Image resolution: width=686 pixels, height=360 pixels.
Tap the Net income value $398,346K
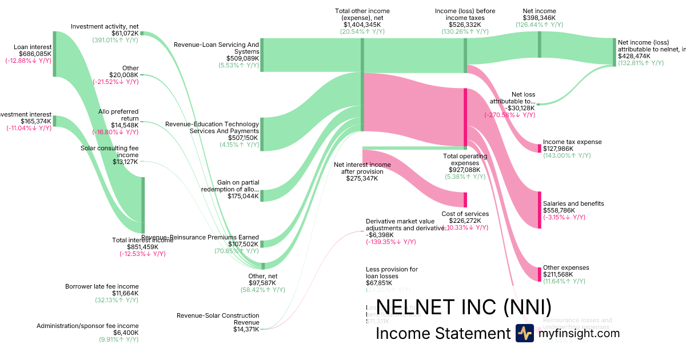coord(539,18)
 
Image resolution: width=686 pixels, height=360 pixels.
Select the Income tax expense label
coord(572,142)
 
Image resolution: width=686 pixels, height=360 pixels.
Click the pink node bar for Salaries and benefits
coord(539,210)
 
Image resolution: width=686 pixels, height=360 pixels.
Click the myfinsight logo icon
coord(525,333)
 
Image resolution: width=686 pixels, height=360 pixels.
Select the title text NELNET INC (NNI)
coord(464,307)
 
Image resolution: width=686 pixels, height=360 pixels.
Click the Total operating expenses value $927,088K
coord(465,170)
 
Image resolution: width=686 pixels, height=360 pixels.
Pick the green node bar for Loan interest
coord(54,54)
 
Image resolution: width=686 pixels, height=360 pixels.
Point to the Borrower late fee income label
coord(102,286)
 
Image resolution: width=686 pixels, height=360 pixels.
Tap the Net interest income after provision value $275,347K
coord(362,178)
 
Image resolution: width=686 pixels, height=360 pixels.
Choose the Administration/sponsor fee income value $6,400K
coord(125,333)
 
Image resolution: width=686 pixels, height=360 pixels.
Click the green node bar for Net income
coord(539,45)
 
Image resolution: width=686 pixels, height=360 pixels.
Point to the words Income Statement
coord(442,334)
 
